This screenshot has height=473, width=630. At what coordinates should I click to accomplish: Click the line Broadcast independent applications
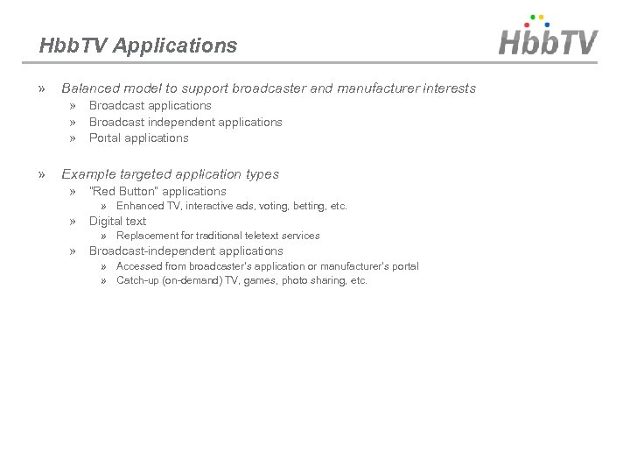(185, 122)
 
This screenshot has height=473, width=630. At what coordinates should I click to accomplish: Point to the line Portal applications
(138, 138)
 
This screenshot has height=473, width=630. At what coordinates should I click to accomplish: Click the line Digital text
(117, 221)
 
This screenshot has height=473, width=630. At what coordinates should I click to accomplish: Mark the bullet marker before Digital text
(73, 221)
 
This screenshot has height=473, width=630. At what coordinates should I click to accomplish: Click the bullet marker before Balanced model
(43, 88)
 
